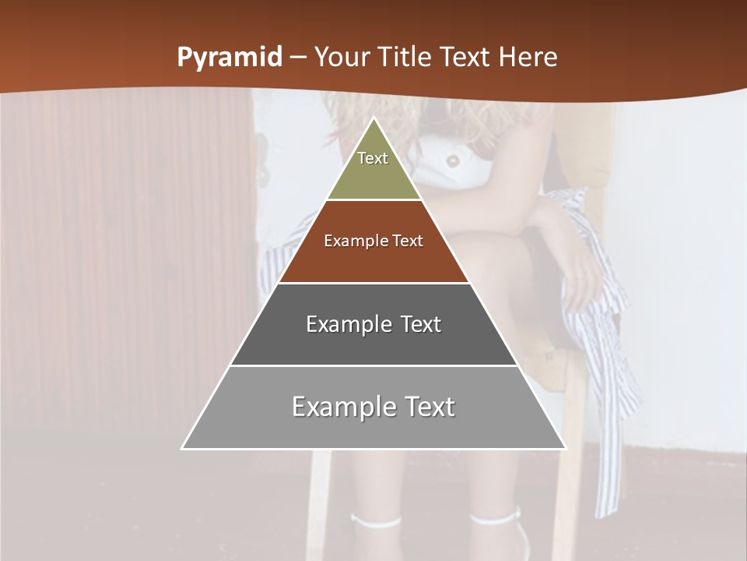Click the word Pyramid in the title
coord(229,58)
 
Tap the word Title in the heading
coord(405,58)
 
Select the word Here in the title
coord(528,58)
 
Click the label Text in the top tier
coord(373,158)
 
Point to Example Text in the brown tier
coord(373,241)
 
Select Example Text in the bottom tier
coord(373,407)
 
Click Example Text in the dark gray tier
coord(373,324)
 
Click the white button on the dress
coord(451,161)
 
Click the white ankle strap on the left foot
coord(375,520)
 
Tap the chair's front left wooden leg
coord(319,499)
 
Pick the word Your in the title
coord(343,58)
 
